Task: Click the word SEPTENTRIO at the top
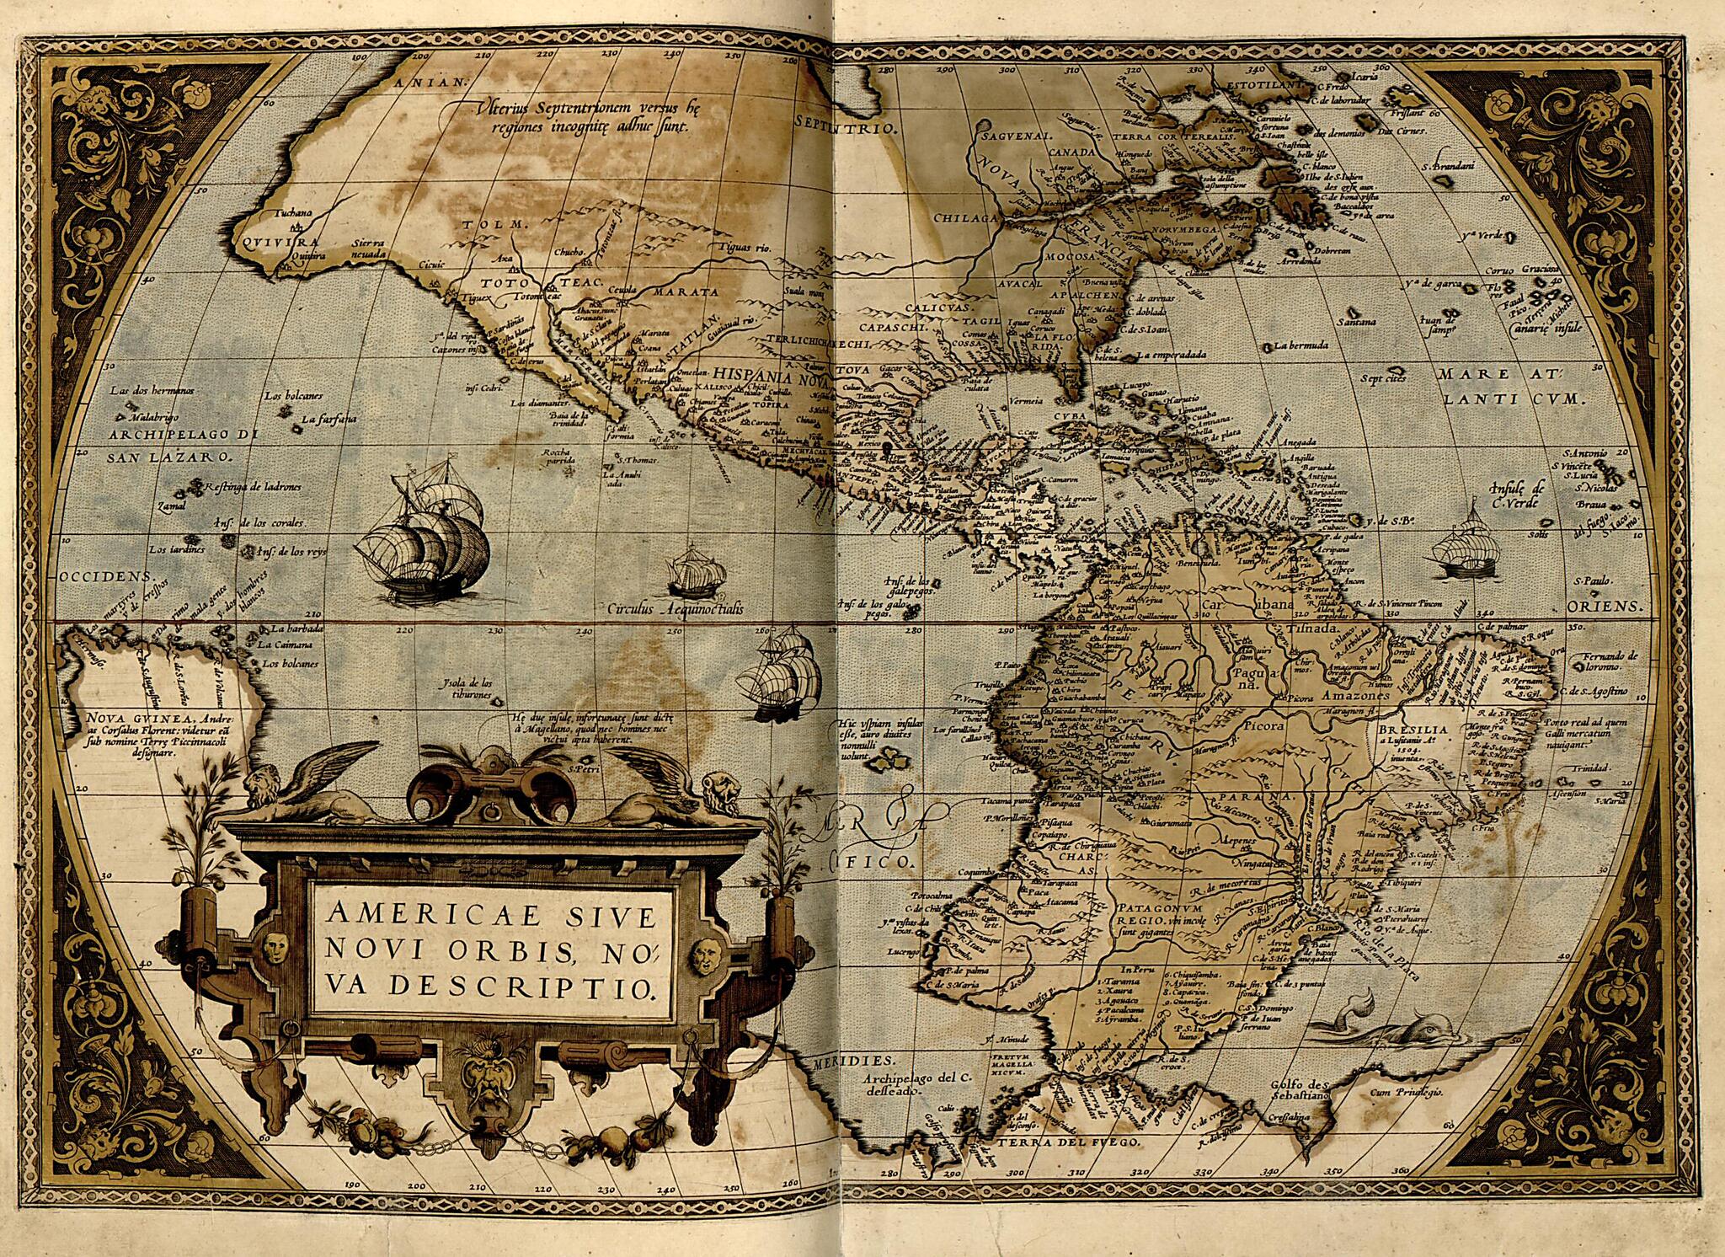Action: (846, 121)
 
